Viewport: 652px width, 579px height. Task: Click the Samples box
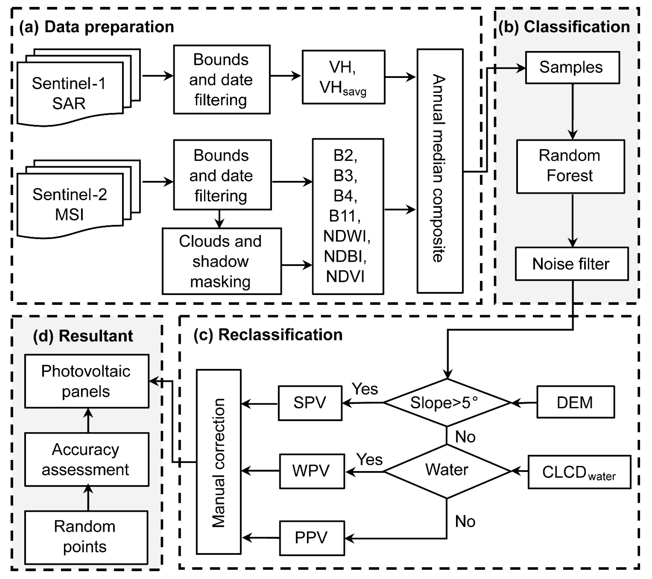coord(572,67)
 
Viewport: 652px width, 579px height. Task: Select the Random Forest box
coord(570,166)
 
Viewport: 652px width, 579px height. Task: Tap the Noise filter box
coord(572,264)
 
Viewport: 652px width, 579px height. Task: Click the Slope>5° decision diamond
coord(447,403)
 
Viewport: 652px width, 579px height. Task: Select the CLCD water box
coord(579,472)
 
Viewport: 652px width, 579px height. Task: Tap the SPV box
coord(310,403)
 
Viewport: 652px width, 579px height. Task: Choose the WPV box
coord(312,471)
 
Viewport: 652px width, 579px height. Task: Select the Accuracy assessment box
coord(86,459)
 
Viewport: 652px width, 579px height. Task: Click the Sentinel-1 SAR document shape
coord(70,93)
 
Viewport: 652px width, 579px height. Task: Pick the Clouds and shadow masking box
coord(221,261)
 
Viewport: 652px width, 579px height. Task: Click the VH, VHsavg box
coord(343,77)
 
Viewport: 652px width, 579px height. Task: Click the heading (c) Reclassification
coord(268,335)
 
